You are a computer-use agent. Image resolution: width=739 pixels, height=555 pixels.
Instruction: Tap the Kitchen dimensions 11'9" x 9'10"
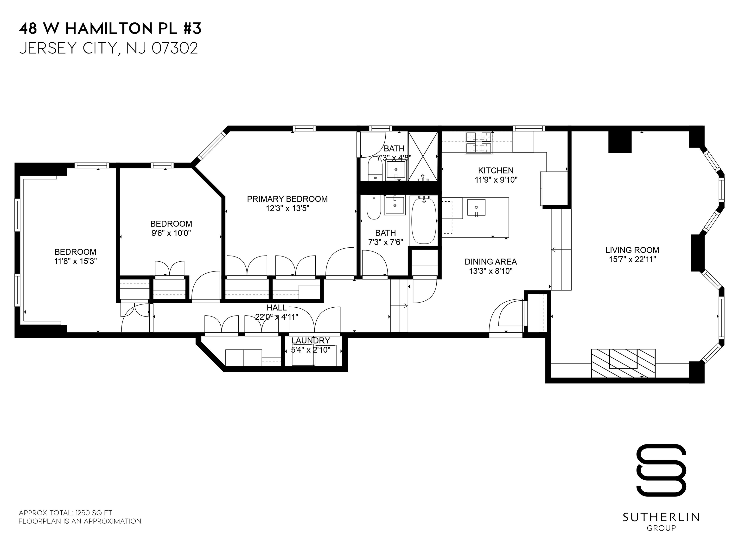point(496,180)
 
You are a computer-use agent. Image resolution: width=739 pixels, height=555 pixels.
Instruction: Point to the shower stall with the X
point(423,156)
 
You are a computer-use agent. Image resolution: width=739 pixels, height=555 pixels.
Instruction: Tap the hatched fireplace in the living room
point(623,363)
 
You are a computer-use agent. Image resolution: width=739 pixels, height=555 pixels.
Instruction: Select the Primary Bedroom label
point(287,199)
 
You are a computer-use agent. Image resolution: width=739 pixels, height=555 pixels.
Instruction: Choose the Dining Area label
point(491,262)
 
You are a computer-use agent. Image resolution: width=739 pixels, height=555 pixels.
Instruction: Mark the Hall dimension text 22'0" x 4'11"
point(276,317)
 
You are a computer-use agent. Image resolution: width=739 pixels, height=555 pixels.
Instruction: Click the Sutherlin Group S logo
point(661,470)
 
